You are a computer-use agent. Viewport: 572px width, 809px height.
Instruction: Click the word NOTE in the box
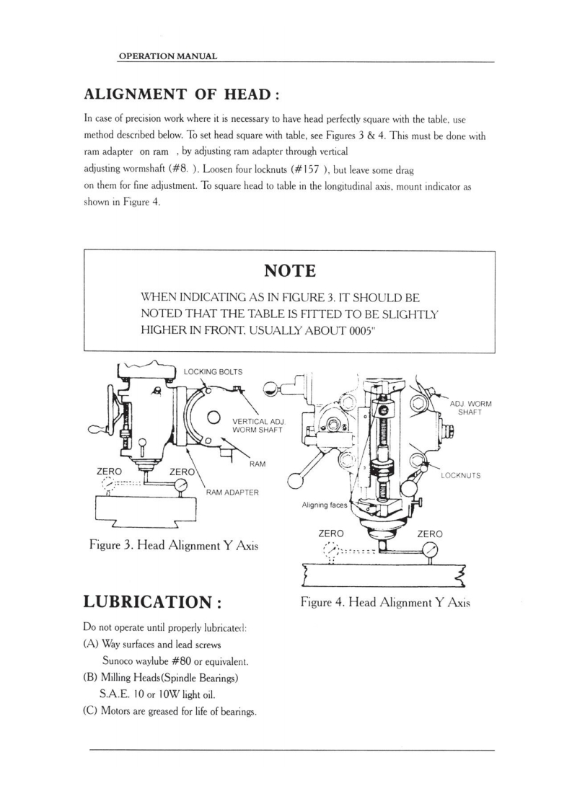click(290, 271)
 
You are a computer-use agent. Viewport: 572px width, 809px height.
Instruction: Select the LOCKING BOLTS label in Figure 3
click(214, 372)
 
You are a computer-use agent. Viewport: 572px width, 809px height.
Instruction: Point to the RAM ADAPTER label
click(233, 492)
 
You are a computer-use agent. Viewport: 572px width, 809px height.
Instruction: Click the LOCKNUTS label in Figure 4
click(460, 476)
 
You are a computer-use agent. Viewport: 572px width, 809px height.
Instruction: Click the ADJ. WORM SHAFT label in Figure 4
click(470, 407)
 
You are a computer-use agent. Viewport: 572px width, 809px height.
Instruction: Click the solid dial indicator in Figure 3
click(177, 486)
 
